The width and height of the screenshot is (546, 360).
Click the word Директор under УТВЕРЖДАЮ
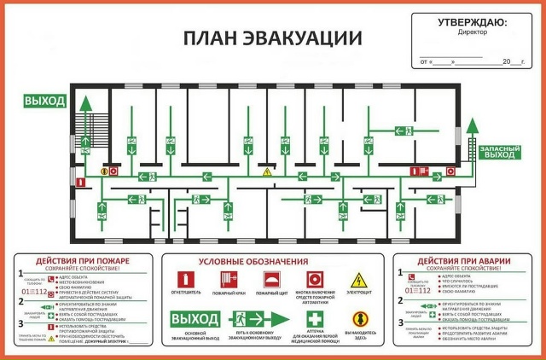click(x=472, y=33)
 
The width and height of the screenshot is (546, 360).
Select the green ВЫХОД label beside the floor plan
click(x=44, y=102)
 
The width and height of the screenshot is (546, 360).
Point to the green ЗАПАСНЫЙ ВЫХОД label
click(x=500, y=151)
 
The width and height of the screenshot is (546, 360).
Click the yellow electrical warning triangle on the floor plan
click(x=266, y=172)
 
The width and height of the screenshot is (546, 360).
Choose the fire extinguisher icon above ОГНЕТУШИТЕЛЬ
click(x=183, y=279)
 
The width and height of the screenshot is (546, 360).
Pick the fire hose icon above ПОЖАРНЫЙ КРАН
click(x=227, y=279)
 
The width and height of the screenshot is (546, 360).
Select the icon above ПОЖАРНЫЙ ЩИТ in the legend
click(x=271, y=279)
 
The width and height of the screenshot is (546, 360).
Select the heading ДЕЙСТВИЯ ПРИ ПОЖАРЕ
click(x=83, y=260)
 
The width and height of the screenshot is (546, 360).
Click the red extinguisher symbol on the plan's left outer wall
click(x=78, y=182)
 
